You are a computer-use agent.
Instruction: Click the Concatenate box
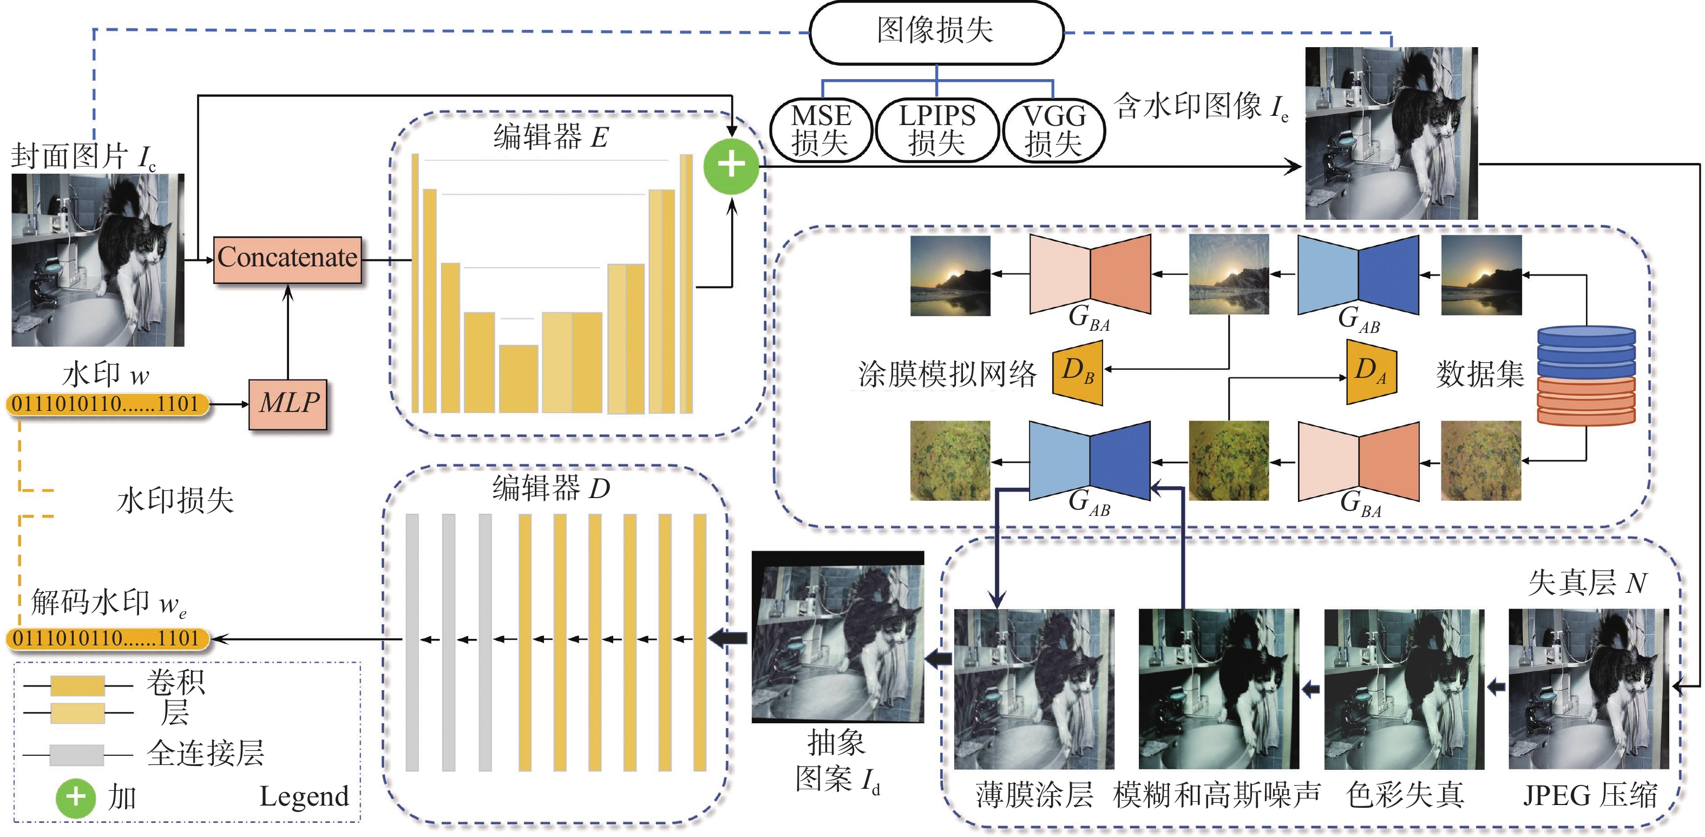coord(287,259)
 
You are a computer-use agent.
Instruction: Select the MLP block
coord(288,404)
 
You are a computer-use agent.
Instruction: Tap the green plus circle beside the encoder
coord(731,166)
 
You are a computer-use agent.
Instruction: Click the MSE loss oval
coord(821,130)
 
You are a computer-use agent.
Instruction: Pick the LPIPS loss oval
coord(936,130)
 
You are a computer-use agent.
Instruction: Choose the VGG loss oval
coord(1054,130)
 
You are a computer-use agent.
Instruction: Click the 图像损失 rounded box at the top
coord(936,32)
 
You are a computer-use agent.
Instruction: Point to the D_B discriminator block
coord(1078,372)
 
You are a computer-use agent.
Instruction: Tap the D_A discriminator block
coord(1372,371)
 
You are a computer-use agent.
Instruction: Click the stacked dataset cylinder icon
coord(1586,375)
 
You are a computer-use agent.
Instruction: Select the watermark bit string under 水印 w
coord(107,404)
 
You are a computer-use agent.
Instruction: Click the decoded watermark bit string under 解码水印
coord(107,638)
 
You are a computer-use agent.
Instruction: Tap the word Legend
coord(304,796)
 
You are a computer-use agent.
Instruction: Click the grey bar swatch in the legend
coord(77,754)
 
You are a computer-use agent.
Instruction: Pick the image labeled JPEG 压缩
coord(1589,689)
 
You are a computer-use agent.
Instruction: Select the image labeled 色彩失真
coord(1404,689)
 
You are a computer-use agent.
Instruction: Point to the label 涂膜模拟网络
coord(947,374)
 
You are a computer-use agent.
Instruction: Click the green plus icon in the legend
coord(75,797)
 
